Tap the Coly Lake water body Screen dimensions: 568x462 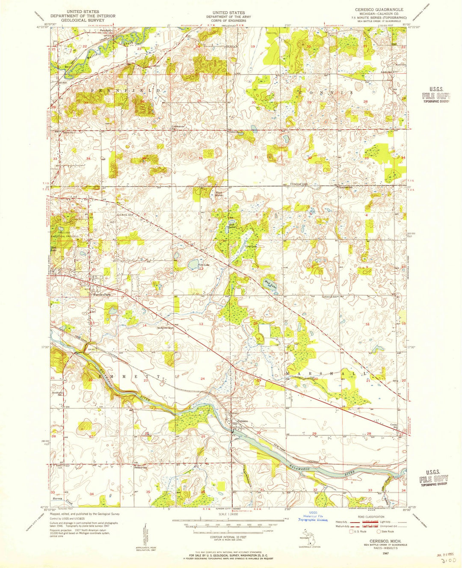pyautogui.click(x=193, y=262)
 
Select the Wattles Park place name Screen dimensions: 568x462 pyautogui.click(x=99, y=294)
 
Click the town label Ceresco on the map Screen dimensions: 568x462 pyautogui.click(x=243, y=421)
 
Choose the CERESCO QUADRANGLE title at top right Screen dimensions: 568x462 pyautogui.click(x=379, y=9)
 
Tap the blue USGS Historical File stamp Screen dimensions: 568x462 pyautogui.click(x=314, y=517)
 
